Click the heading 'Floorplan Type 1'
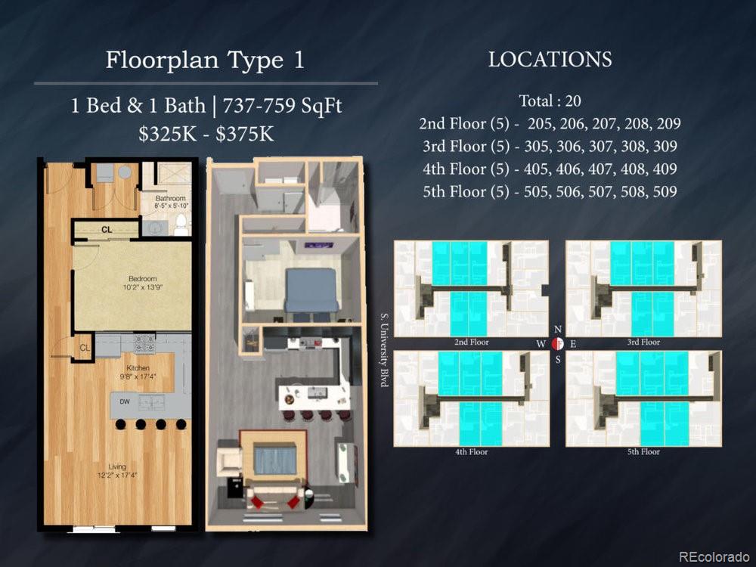[205, 60]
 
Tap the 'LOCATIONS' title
[550, 60]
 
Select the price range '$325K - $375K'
[206, 134]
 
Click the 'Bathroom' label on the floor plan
[170, 198]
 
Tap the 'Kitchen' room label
[138, 368]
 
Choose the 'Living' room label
[116, 466]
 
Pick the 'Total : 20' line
[550, 101]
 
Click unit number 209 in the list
[665, 123]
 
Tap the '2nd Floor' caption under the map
[471, 342]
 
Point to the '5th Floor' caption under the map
[643, 452]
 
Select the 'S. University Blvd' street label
[384, 351]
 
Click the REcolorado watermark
[710, 557]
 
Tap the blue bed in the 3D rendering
[311, 289]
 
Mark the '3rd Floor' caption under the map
[643, 342]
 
